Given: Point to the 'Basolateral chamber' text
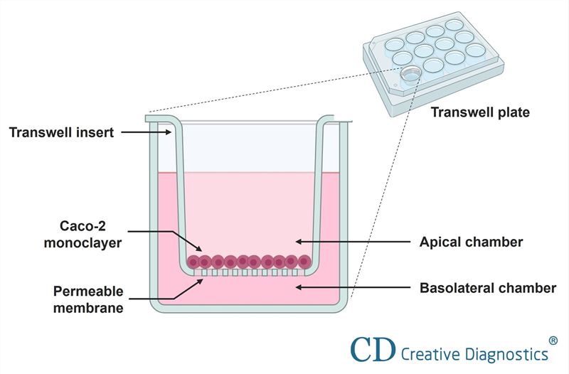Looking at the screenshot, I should pos(487,288).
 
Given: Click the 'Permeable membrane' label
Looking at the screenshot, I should pos(88,299).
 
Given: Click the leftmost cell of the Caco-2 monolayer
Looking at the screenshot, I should pos(193,262).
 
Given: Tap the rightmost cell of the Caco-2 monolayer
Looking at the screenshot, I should pos(302,262).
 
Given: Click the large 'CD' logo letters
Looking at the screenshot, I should pos(374,348).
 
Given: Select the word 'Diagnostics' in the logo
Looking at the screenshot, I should pos(505,353).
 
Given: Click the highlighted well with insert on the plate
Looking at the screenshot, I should pos(411,73).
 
